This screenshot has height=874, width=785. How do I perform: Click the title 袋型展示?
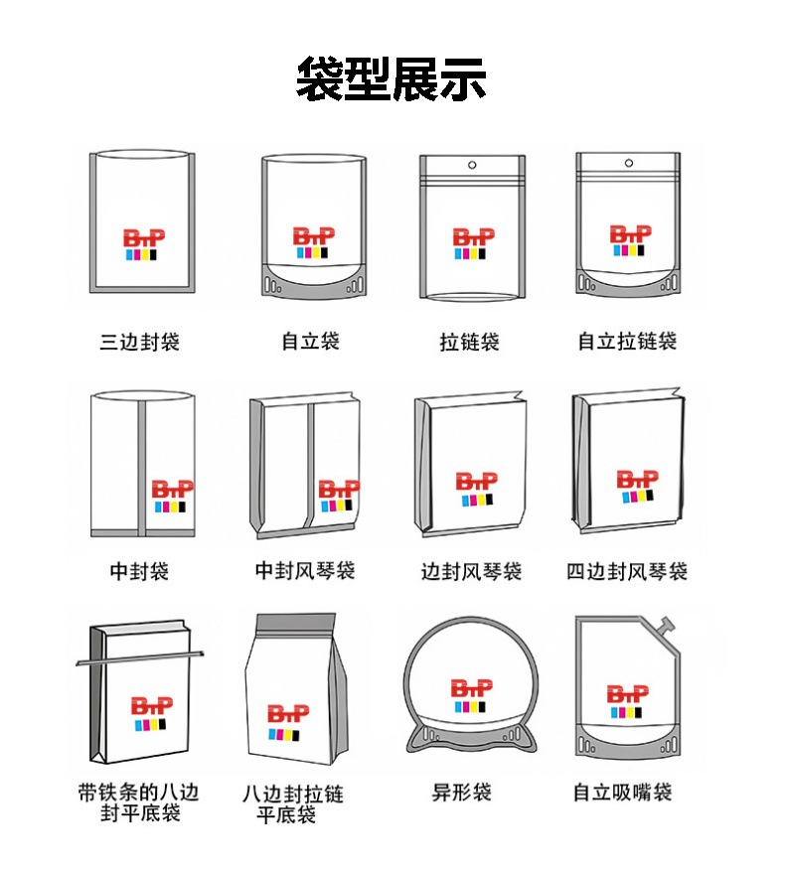[392, 80]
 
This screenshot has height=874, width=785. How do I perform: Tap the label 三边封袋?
[140, 343]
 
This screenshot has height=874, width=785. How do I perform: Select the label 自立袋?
[310, 342]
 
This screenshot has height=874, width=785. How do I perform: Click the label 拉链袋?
[469, 343]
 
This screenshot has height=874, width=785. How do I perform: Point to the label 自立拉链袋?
[627, 342]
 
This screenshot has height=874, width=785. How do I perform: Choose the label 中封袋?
[139, 571]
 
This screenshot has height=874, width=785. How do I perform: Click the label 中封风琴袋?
[305, 571]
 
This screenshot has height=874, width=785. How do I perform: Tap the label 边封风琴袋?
[471, 572]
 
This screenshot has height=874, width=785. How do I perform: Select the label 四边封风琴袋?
[627, 572]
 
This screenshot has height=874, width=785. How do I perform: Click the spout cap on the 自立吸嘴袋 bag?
[669, 626]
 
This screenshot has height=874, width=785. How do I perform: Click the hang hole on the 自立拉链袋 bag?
[628, 163]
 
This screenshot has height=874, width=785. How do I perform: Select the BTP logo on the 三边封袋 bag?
[144, 245]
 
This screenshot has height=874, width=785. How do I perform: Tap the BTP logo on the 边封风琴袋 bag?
[476, 489]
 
